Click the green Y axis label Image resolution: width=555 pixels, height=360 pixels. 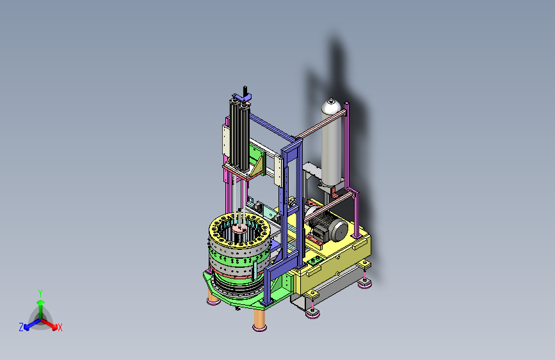pyautogui.click(x=40, y=293)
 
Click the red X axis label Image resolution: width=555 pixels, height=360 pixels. pyautogui.click(x=60, y=328)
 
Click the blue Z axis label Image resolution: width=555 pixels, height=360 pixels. pyautogui.click(x=21, y=327)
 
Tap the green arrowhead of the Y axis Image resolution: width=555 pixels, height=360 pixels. pyautogui.click(x=41, y=302)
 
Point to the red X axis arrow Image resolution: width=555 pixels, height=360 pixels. pyautogui.click(x=49, y=323)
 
